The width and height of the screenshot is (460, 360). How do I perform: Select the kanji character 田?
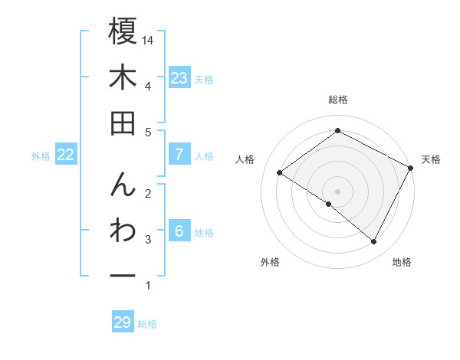pos(123,123)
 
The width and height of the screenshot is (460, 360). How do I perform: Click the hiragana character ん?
pos(123,187)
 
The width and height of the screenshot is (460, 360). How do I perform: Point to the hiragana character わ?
pos(123,233)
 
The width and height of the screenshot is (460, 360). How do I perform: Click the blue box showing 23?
pos(179,78)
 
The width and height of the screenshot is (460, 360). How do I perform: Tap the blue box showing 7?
pos(179,155)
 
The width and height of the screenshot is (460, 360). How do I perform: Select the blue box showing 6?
pos(179,232)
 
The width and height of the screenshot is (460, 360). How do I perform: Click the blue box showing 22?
pos(66,155)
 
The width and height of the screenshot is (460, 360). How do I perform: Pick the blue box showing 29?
pos(123,322)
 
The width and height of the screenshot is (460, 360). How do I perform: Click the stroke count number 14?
pos(149,39)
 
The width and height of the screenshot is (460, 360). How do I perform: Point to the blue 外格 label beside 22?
pos(41,156)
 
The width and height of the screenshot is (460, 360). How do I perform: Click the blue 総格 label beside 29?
pos(147,324)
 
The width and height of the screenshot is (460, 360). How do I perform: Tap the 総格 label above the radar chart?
pos(337,100)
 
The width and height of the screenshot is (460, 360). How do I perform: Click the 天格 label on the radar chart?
pos(431,159)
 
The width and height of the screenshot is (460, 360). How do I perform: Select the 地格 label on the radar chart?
pos(402,262)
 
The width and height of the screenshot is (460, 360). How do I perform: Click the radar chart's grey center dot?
pos(337,190)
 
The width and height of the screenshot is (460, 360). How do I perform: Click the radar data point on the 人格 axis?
pos(280,172)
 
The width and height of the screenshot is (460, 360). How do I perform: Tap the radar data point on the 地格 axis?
pos(374,241)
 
